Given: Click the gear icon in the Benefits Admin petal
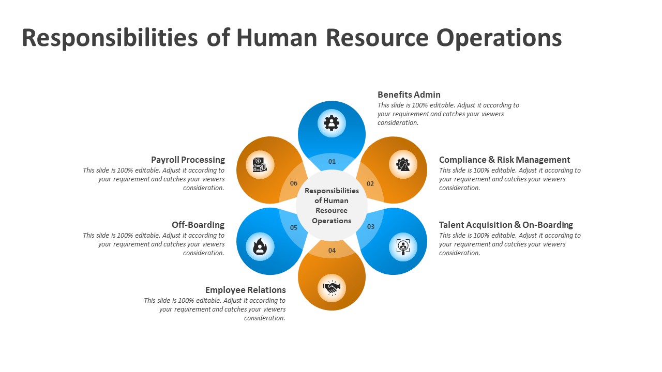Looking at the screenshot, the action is click(332, 123).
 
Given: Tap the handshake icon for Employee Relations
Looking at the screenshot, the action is click(332, 288).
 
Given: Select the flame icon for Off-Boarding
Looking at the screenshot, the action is click(260, 246).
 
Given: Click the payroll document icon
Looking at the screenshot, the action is click(260, 165).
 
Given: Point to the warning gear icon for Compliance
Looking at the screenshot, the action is click(403, 164).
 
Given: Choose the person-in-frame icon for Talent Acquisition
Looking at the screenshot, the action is click(403, 247).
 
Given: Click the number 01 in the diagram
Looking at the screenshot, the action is click(332, 162).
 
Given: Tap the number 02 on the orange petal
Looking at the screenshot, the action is click(370, 183).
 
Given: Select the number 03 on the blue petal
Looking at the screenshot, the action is click(371, 226).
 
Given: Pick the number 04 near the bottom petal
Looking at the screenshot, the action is click(332, 251).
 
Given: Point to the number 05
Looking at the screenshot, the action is click(293, 228).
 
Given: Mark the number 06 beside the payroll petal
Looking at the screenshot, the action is click(293, 183).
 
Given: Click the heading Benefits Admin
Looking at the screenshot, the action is click(409, 95).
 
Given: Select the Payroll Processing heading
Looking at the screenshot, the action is click(188, 160).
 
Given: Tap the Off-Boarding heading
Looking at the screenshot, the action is click(198, 225).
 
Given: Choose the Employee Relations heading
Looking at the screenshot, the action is click(246, 290).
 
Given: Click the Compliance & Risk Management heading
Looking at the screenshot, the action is click(504, 160).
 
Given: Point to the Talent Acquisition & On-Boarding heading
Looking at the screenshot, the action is click(506, 225).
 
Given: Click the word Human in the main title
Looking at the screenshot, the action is click(277, 38).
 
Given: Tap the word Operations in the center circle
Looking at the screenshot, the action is click(332, 221).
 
